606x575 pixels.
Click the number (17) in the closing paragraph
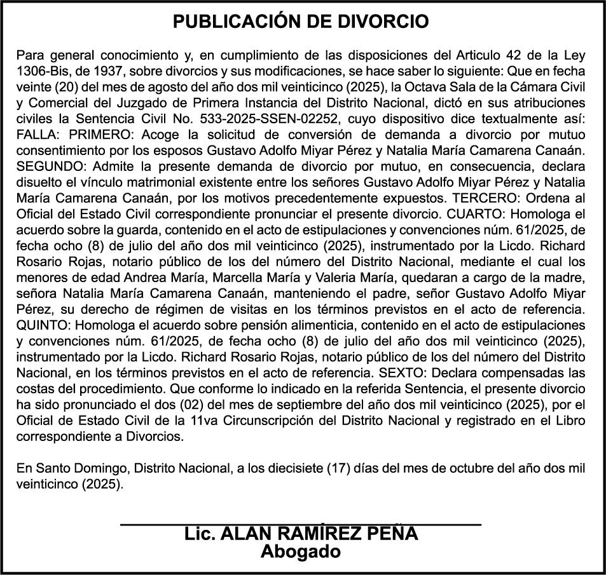tap(337, 469)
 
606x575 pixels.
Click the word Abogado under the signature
tap(301, 551)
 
